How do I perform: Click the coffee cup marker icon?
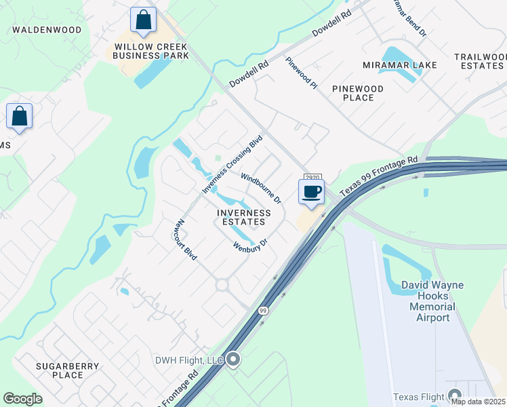click(x=311, y=192)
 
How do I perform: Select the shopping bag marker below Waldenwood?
click(x=20, y=116)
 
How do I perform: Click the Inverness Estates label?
click(x=243, y=217)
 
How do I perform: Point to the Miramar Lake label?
click(x=399, y=65)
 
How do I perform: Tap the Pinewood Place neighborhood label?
click(x=358, y=93)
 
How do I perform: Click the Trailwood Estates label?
click(x=479, y=61)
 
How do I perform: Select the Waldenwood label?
click(x=47, y=30)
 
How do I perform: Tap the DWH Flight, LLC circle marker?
click(x=233, y=359)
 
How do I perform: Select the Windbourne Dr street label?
click(x=261, y=188)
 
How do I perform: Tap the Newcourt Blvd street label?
click(x=184, y=238)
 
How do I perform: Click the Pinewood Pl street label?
click(x=301, y=73)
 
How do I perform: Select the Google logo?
click(x=22, y=399)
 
